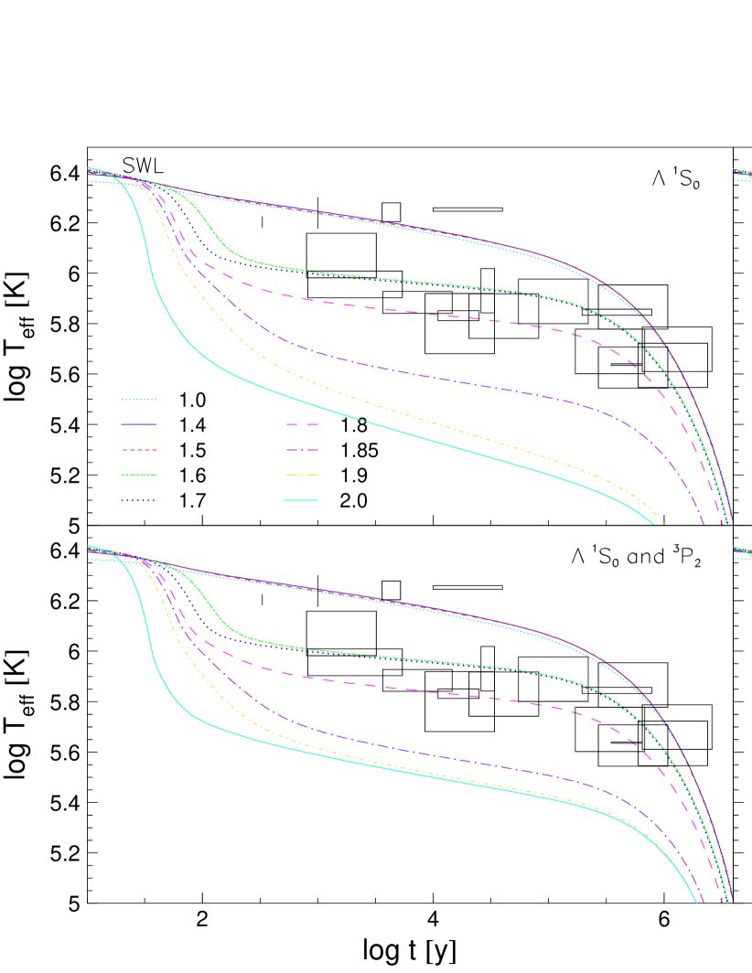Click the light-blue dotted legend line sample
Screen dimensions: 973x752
(139, 399)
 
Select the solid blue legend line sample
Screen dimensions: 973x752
(139, 424)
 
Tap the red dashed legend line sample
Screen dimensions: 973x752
(139, 450)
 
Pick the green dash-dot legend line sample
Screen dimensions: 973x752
(139, 475)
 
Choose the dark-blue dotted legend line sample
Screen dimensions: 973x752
(139, 500)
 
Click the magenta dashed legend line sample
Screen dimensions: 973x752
(302, 424)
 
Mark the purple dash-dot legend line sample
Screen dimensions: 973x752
(302, 450)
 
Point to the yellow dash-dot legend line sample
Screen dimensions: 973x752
(302, 475)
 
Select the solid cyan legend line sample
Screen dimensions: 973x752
(302, 500)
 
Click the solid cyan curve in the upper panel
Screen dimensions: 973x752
(366, 422)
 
